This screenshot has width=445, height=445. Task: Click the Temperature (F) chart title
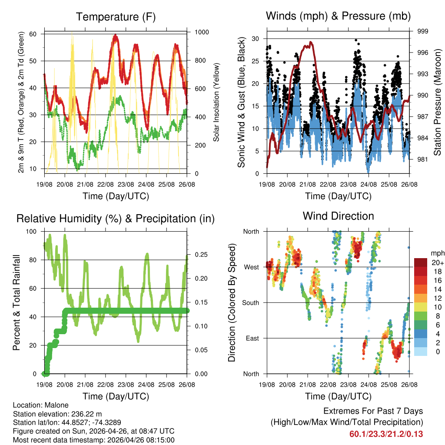pos(116,17)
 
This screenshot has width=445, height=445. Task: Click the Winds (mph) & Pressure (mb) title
pos(338,16)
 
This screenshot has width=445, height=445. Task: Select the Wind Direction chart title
pos(338,216)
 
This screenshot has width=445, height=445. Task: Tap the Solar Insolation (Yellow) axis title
pos(216,102)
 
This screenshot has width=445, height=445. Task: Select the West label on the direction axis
pos(252,267)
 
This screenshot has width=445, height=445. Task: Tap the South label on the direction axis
pos(250,302)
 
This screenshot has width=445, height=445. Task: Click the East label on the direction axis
pos(252,338)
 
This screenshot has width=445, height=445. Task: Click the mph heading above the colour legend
pos(437,253)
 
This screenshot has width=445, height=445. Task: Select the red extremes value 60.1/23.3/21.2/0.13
pos(386,434)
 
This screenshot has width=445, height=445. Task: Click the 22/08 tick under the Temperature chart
pos(105,185)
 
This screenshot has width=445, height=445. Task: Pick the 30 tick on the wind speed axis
pos(256,39)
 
